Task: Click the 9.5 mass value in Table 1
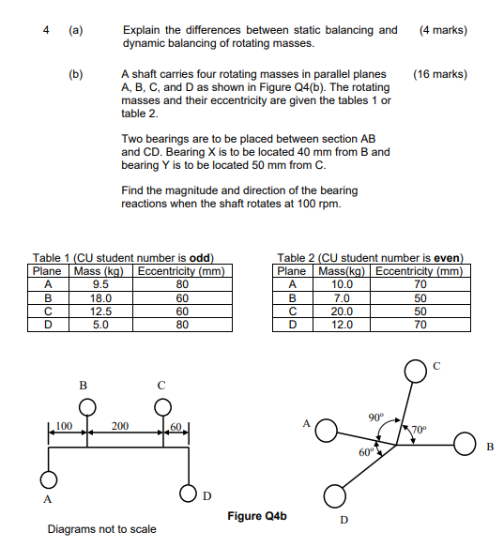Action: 100,283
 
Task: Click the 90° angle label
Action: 375,416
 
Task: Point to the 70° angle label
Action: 420,431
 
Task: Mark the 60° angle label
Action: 367,453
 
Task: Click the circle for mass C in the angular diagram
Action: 414,373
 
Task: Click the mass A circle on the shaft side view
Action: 49,480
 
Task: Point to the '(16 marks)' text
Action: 439,73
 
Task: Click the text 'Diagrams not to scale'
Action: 101,529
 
